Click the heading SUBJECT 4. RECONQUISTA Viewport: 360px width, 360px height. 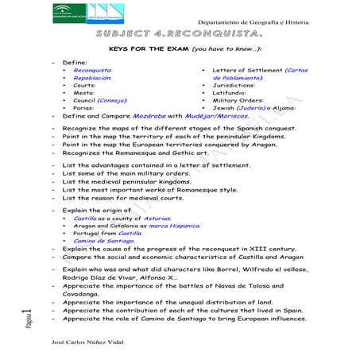pyautogui.click(x=181, y=35)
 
